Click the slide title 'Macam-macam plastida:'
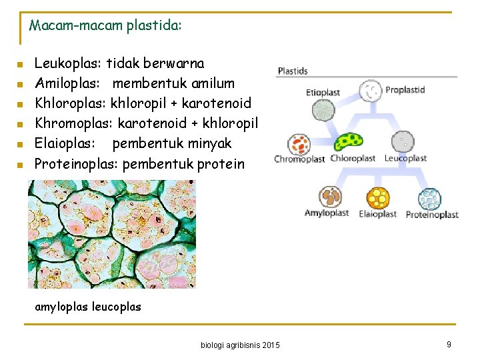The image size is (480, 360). (105, 26)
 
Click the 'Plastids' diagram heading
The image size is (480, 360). (293, 71)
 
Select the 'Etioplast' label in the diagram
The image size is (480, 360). (323, 93)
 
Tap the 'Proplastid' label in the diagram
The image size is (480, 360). (405, 90)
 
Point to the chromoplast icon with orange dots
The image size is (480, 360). (300, 144)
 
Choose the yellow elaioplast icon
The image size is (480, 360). (378, 198)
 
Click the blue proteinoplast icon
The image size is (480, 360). (430, 199)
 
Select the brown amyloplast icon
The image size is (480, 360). (329, 197)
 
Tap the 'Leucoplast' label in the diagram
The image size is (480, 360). (405, 159)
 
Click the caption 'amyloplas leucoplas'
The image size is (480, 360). (88, 307)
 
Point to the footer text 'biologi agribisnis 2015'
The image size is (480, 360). (240, 345)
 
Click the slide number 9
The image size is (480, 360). (449, 344)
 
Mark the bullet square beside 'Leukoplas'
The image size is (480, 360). (21, 65)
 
